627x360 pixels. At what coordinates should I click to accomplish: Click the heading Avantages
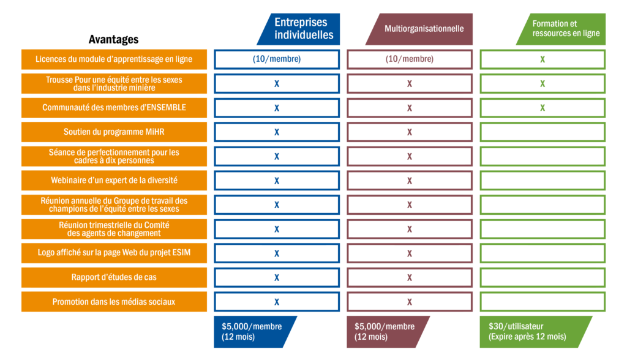point(113,39)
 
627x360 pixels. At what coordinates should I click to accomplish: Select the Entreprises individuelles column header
point(299,29)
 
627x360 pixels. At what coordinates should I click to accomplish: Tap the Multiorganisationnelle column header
point(419,29)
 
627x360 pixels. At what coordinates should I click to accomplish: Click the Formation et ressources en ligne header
point(561,29)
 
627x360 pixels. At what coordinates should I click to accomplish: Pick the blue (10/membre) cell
point(277,59)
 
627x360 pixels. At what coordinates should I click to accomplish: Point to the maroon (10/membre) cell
point(410,59)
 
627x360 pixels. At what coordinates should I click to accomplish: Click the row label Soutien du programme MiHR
point(114,132)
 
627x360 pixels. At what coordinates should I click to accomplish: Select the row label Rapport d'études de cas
point(114,277)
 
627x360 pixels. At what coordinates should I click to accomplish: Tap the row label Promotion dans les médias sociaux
point(114,302)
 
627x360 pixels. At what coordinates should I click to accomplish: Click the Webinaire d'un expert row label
point(114,181)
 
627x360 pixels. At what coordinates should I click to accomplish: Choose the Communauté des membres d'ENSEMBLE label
point(114,108)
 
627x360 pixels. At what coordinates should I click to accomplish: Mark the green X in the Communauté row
point(543,108)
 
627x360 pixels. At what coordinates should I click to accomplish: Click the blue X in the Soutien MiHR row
point(277,132)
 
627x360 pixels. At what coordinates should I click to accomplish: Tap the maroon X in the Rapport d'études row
point(410,277)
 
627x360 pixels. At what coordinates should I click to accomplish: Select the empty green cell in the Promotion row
point(543,302)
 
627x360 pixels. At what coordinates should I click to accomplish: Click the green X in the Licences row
point(543,59)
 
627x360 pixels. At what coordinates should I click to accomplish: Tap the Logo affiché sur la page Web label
point(114,253)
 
